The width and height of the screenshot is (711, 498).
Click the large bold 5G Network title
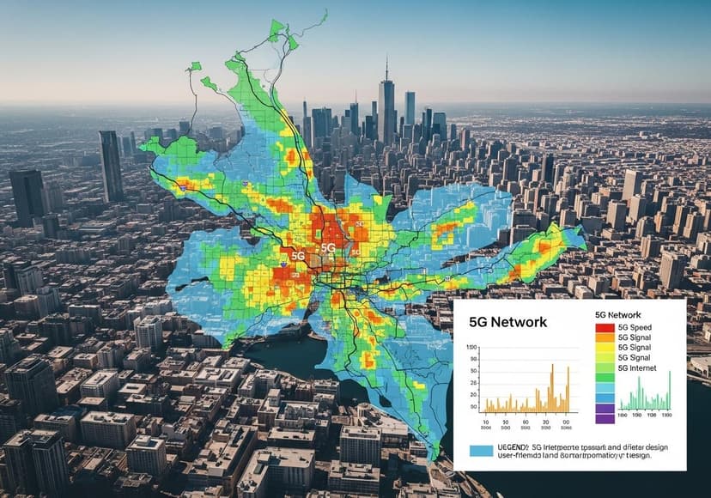509,321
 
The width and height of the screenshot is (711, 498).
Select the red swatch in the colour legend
605,327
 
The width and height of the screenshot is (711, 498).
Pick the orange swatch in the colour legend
605,337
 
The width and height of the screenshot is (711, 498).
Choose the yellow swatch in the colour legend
605,348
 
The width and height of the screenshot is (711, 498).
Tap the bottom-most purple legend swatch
605,418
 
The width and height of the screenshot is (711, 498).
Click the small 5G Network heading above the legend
617,315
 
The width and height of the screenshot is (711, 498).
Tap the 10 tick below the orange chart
485,422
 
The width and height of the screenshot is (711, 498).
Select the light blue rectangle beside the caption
482,450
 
